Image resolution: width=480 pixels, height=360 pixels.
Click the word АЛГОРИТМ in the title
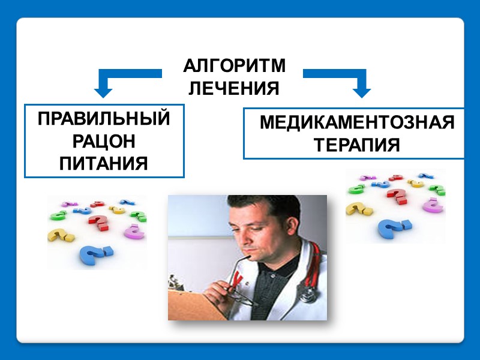pyautogui.click(x=234, y=66)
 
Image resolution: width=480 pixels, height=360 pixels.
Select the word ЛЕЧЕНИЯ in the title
pyautogui.click(x=234, y=89)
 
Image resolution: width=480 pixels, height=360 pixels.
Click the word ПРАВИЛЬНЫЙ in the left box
pyautogui.click(x=104, y=119)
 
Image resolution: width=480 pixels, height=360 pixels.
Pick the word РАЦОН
pyautogui.click(x=104, y=141)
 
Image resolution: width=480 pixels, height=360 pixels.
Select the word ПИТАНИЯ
pyautogui.click(x=104, y=163)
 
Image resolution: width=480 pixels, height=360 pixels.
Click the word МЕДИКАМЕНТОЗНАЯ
pyautogui.click(x=356, y=123)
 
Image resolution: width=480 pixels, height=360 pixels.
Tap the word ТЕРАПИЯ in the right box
pyautogui.click(x=356, y=145)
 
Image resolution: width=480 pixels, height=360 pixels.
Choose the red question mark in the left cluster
pyautogui.click(x=98, y=222)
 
